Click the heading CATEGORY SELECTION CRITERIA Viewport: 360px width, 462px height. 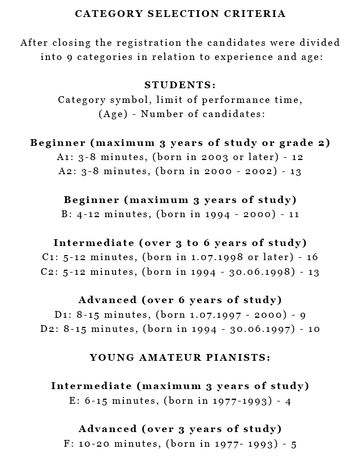point(180,14)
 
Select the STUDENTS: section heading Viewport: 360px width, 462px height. point(180,85)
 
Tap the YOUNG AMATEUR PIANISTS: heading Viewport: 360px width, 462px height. point(180,357)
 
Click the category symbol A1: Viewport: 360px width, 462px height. point(65,157)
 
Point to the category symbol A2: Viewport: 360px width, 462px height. point(66,171)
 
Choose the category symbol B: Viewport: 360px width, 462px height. point(65,214)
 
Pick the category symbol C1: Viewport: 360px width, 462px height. point(49,257)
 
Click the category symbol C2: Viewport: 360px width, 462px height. point(49,272)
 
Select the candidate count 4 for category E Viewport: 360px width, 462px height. point(288,401)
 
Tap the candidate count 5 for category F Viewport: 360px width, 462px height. point(294,444)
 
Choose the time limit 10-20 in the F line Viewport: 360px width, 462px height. point(93,444)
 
